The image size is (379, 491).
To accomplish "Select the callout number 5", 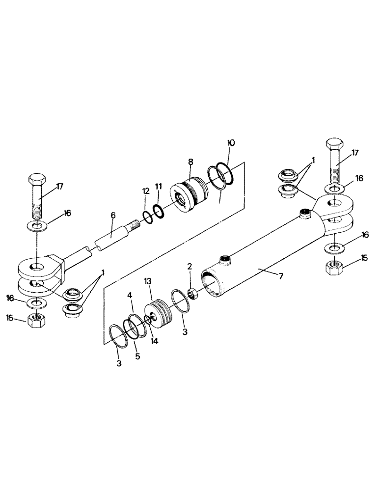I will click(138, 356).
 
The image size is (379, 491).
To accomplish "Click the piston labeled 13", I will click(160, 314).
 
